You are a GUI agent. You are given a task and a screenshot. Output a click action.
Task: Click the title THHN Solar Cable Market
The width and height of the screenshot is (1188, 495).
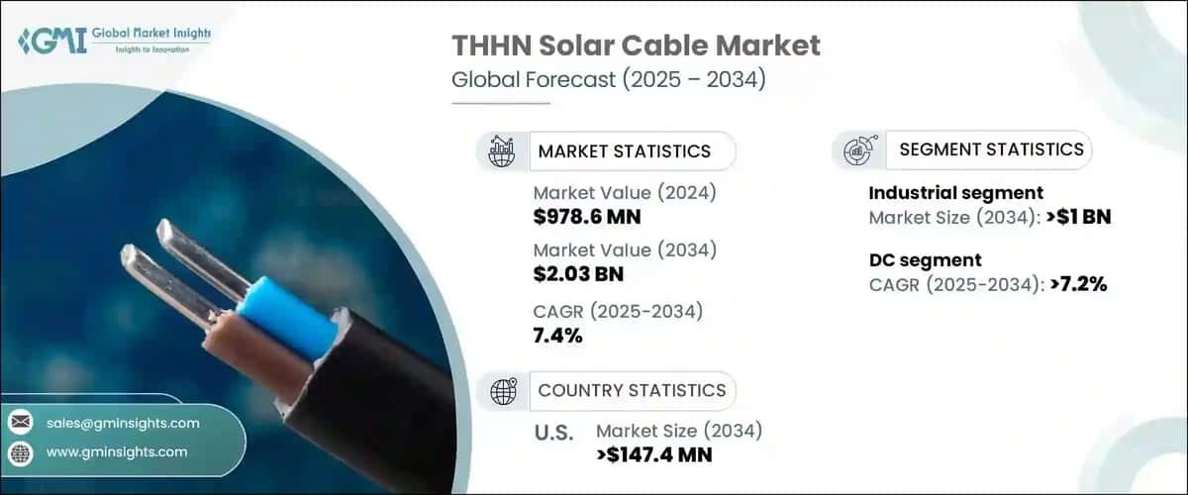coord(636,45)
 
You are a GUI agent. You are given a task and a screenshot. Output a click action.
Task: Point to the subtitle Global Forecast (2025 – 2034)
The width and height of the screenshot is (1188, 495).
coord(608,80)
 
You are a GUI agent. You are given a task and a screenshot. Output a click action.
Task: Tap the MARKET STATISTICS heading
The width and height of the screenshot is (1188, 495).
coord(624,151)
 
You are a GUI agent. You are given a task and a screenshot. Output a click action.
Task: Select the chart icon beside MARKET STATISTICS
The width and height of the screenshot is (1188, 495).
coord(502,151)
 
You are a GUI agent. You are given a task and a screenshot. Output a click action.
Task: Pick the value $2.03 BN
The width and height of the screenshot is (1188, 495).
coord(578,274)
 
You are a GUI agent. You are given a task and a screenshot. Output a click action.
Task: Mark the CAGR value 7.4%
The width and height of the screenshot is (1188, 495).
coord(557,336)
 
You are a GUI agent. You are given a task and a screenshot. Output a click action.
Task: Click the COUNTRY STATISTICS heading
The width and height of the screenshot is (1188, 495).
coord(632,390)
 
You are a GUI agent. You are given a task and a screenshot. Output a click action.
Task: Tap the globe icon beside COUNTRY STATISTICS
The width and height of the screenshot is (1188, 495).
coord(503,391)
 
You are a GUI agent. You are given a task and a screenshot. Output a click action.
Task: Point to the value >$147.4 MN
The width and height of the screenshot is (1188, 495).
coord(654,455)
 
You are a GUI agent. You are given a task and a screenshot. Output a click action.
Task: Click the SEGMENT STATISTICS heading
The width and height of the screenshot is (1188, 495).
coord(991,149)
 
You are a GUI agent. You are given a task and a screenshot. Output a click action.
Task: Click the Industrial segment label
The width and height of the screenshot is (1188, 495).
coord(955,193)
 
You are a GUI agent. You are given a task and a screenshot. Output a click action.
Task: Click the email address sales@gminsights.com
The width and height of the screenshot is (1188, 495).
coord(123,423)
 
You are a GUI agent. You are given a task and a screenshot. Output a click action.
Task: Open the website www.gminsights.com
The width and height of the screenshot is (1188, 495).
coord(117,451)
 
